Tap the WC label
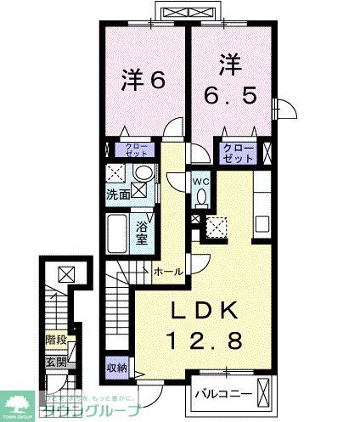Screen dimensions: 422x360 click(200, 180)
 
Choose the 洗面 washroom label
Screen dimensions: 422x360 click(118, 194)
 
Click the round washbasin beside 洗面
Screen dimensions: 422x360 click(143, 174)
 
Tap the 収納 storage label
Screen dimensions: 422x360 click(117, 368)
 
